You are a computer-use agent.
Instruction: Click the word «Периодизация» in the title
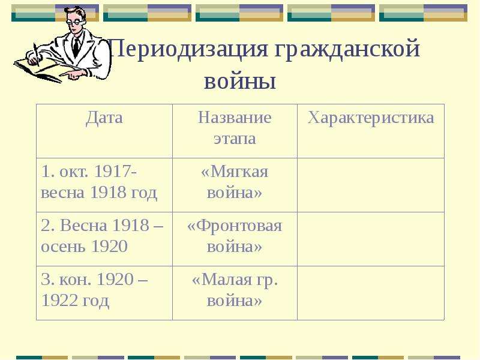[x=188, y=49]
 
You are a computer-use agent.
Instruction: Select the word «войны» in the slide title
[x=240, y=82]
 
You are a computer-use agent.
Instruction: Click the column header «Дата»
[x=104, y=118]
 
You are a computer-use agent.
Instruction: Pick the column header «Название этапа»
[x=235, y=128]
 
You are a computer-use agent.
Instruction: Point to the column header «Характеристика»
[x=371, y=118]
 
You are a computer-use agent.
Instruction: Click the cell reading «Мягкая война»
[x=235, y=182]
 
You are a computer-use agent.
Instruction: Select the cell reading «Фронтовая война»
[x=235, y=236]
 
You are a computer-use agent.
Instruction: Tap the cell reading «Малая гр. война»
[x=235, y=290]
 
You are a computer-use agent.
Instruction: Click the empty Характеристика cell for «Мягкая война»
[x=371, y=185]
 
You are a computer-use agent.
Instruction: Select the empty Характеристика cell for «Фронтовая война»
[x=371, y=239]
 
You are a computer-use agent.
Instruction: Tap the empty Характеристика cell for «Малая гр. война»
[x=371, y=293]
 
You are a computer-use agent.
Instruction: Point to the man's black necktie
[x=76, y=47]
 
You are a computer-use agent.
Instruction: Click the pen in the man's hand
[x=37, y=55]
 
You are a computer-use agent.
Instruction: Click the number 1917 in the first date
[x=113, y=172]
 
